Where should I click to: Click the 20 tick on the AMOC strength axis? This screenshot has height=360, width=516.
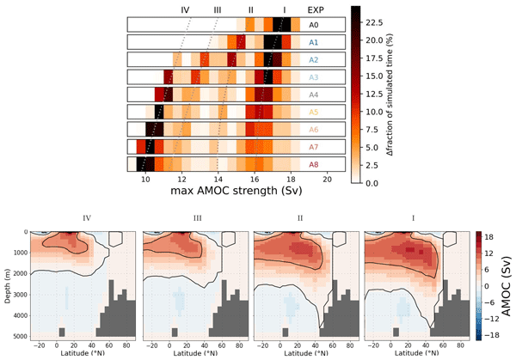328,180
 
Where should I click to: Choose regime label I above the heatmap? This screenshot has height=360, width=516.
284,9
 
